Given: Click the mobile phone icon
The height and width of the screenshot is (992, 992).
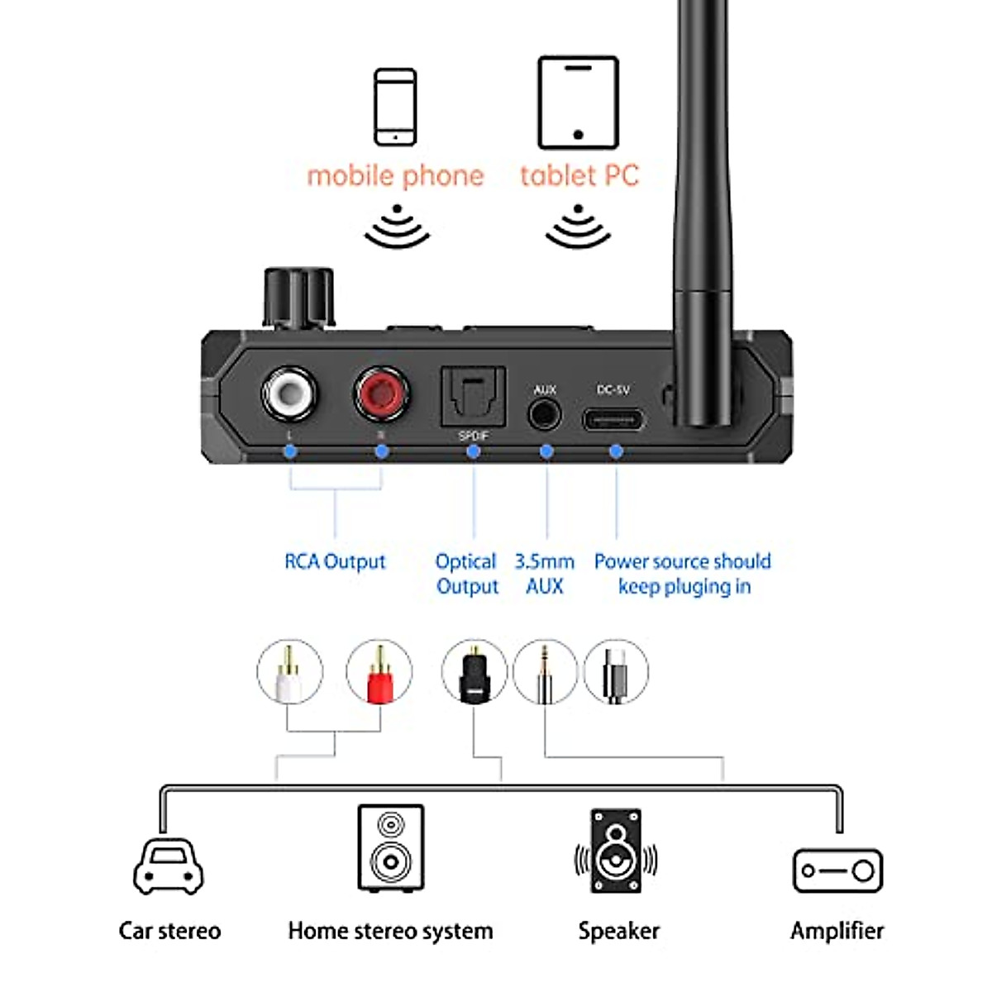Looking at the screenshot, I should (395, 107).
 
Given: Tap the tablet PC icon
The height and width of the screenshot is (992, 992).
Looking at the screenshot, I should (578, 103).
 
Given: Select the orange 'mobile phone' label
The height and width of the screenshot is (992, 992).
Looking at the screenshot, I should (395, 175).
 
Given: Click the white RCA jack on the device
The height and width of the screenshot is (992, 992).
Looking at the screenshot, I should (289, 393).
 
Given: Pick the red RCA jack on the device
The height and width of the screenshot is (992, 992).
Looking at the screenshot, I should (381, 393).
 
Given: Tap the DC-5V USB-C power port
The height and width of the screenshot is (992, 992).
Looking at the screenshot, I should (613, 419).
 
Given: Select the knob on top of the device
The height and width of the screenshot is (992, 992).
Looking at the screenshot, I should (298, 298).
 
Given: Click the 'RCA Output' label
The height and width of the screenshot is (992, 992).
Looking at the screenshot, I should (335, 562).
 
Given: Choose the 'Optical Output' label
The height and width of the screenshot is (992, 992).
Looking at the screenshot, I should (466, 574).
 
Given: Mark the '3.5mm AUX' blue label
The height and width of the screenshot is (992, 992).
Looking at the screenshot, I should (544, 574).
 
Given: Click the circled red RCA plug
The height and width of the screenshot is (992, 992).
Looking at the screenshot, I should (378, 672).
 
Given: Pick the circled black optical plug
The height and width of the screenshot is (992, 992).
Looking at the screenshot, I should (474, 672).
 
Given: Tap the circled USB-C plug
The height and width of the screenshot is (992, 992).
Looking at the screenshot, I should (616, 672).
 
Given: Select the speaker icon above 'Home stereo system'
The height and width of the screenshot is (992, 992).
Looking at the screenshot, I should (391, 847).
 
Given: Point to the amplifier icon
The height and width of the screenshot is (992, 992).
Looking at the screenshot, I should (837, 870).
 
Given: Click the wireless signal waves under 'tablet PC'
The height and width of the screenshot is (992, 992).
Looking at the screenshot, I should (578, 227).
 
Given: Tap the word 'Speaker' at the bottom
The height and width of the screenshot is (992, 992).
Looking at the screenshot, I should (618, 931).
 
